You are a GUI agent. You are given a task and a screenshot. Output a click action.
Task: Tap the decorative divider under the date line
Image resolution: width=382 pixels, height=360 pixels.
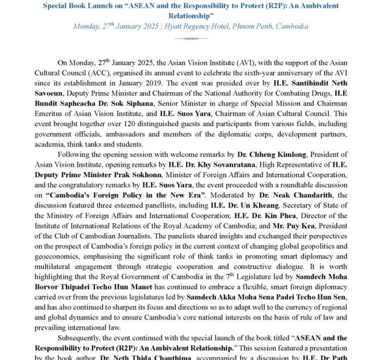pos(190,38)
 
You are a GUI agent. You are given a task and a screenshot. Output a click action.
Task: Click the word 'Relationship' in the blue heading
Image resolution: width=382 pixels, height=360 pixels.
pos(190,15)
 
